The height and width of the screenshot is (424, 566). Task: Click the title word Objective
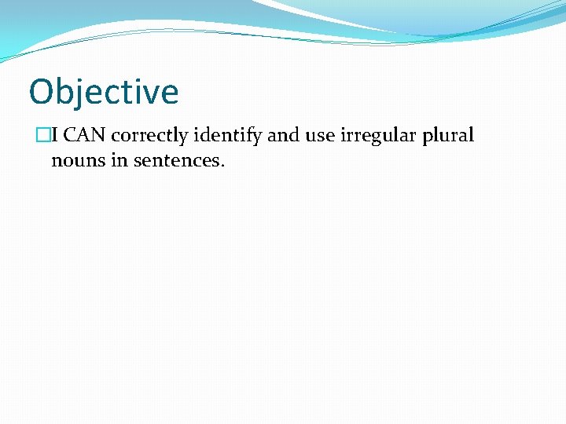[104, 92]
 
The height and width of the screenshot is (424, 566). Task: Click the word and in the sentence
[284, 136]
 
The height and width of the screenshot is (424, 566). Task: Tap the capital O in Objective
[41, 92]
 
